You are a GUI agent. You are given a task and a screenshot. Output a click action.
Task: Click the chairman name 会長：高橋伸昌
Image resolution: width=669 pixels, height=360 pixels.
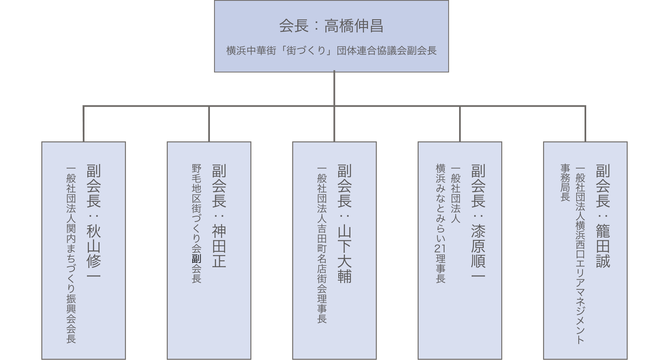click(331, 26)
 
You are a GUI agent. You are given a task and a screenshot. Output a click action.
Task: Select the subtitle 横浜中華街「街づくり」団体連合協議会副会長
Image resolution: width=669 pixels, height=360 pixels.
click(331, 51)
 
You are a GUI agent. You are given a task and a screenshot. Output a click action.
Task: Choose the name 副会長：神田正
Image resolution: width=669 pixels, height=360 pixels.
click(219, 215)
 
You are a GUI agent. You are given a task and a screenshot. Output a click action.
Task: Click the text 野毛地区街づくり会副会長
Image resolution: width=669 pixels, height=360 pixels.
click(197, 223)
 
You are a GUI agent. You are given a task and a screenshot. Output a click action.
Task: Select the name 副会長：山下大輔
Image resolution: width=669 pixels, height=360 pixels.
click(345, 223)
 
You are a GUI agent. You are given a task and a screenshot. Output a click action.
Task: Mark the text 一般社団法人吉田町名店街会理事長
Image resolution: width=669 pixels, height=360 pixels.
click(322, 244)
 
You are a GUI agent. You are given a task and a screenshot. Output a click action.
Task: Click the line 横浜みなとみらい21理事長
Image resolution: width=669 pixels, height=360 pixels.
click(441, 223)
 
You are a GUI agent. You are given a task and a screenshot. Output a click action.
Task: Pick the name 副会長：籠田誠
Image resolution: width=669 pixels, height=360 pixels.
click(603, 215)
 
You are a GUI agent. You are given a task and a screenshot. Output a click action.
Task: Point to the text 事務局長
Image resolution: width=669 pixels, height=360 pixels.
click(565, 182)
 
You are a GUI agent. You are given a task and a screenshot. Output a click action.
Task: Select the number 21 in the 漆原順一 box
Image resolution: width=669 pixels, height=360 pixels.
click(441, 248)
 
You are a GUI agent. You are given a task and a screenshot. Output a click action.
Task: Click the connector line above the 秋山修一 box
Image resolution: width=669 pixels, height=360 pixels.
click(84, 124)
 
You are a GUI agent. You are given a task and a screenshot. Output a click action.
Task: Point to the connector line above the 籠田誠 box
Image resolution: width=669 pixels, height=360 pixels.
click(585, 124)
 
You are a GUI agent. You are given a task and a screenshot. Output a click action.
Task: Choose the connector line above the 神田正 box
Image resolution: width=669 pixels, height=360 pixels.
click(209, 124)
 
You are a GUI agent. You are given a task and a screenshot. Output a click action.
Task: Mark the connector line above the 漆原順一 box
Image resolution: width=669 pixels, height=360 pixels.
click(460, 124)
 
